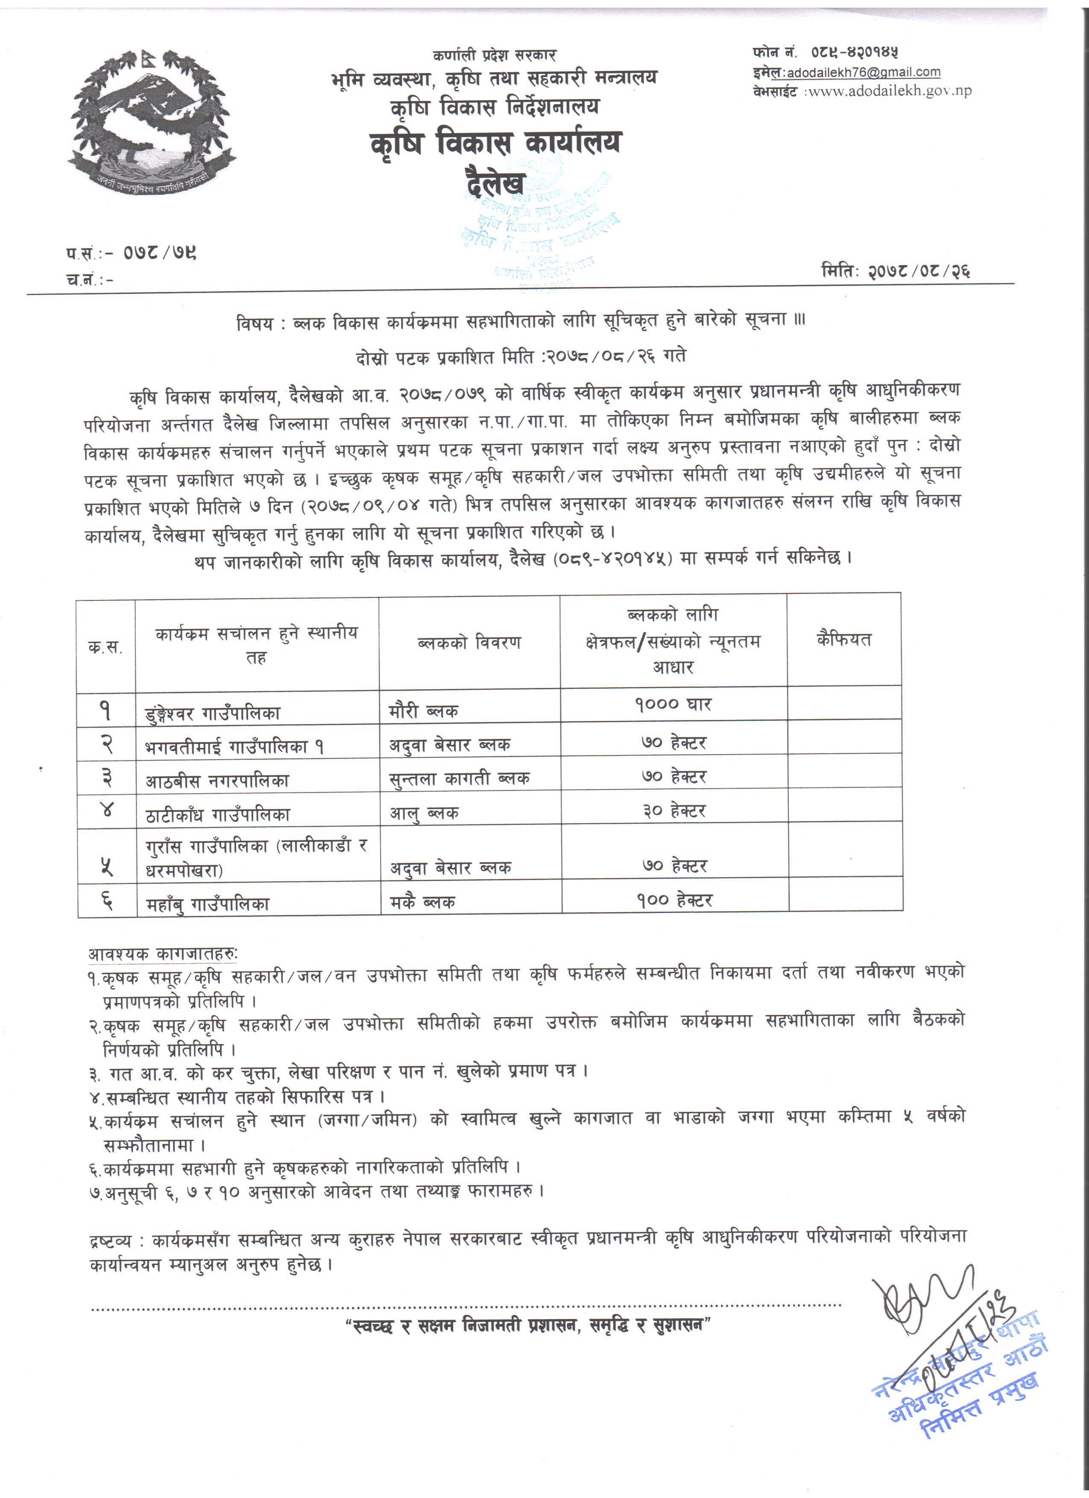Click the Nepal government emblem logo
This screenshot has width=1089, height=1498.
(x=152, y=122)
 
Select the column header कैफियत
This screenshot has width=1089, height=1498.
(x=843, y=639)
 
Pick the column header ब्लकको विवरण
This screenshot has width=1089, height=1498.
(x=469, y=642)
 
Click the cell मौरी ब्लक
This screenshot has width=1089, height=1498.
(x=423, y=711)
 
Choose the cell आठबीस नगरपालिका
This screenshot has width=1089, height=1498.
(x=217, y=780)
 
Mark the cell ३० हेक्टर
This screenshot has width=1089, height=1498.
(x=674, y=810)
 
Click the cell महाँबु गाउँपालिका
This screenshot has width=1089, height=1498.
(x=208, y=904)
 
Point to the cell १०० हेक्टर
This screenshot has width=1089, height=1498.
(x=674, y=900)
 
